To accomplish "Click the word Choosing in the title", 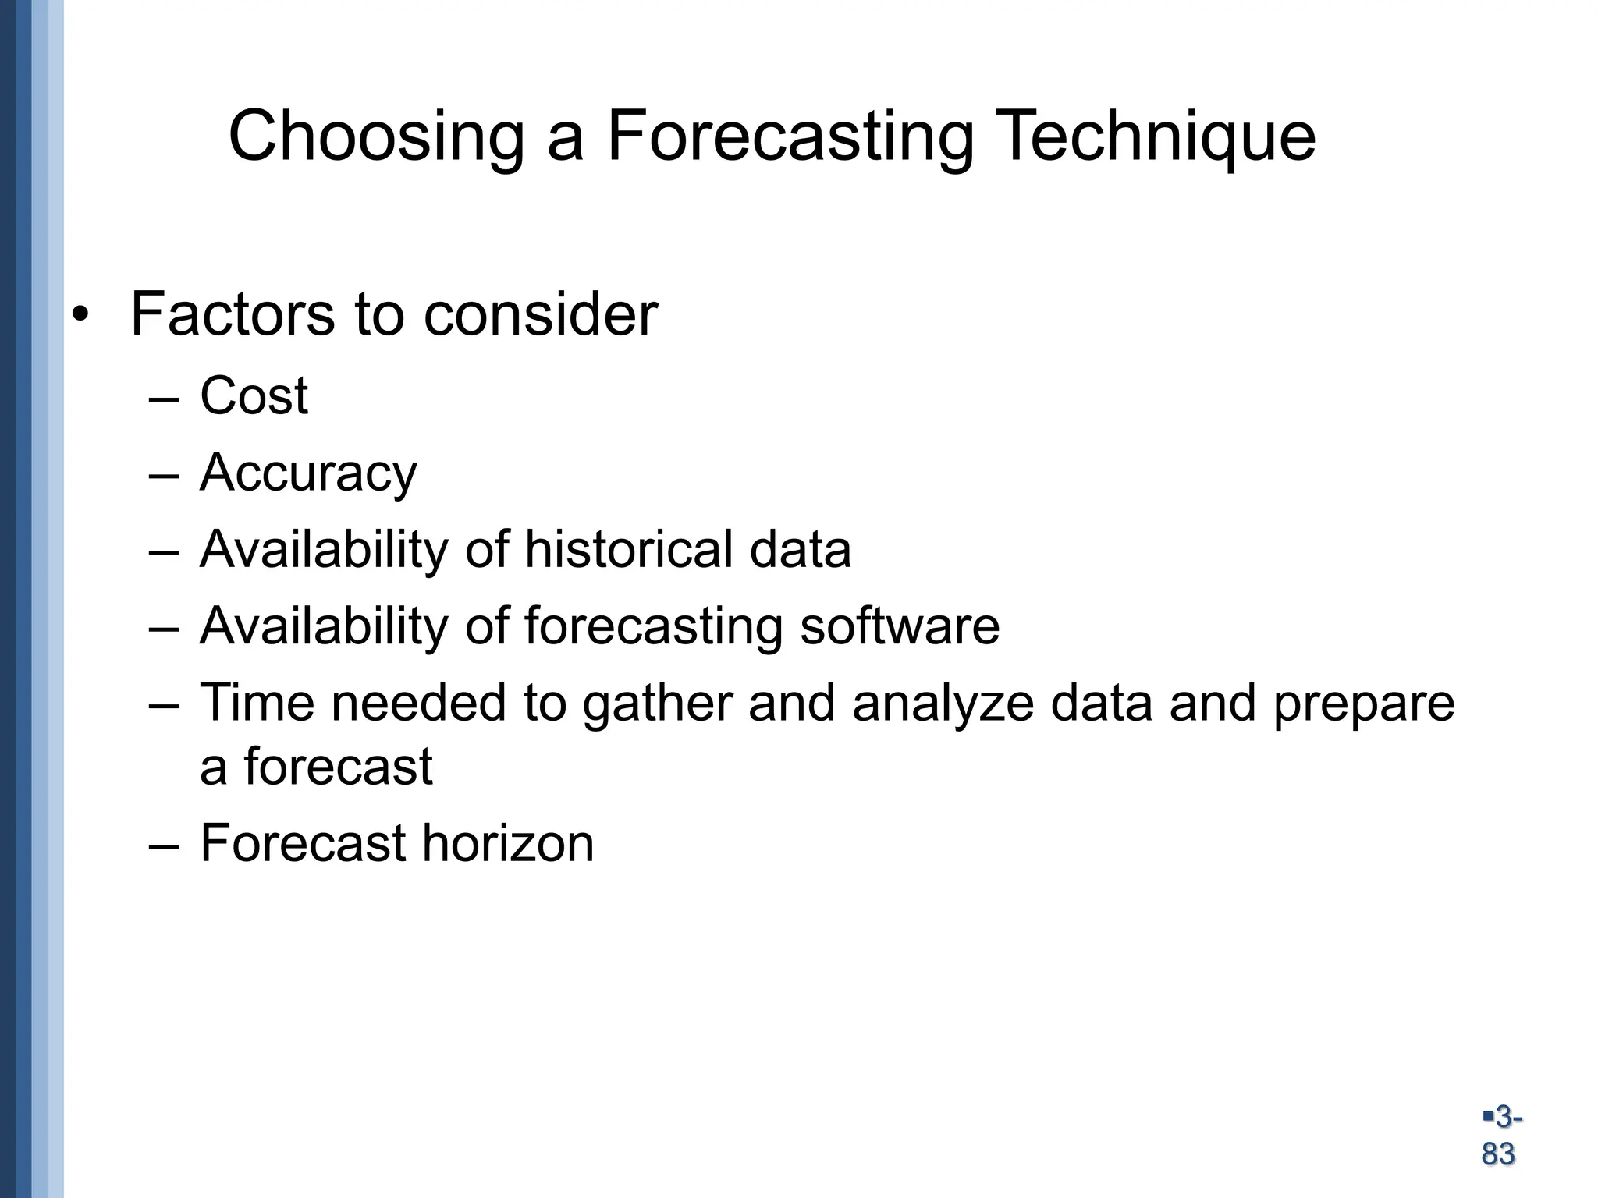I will click(x=375, y=137).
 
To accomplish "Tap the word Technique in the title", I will click(x=1156, y=137).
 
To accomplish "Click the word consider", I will click(x=541, y=314).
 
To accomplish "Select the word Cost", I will click(x=254, y=395).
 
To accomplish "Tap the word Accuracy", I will click(x=308, y=473).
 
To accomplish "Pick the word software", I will click(x=900, y=626).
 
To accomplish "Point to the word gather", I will click(x=657, y=704).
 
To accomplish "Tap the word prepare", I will click(x=1364, y=704).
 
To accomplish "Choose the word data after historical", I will click(x=800, y=549).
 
